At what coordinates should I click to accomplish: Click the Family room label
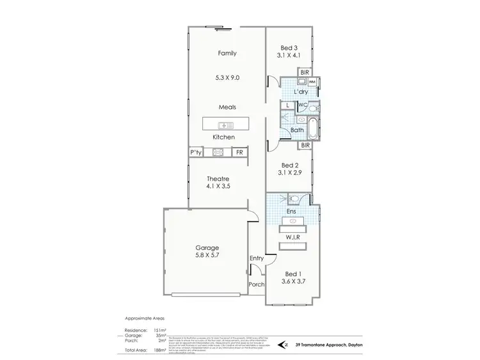pyautogui.click(x=227, y=54)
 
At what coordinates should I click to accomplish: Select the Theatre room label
pyautogui.click(x=217, y=179)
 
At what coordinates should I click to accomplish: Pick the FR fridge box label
pyautogui.click(x=239, y=152)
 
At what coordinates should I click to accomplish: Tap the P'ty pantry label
pyautogui.click(x=196, y=152)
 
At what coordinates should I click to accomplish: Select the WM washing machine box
pyautogui.click(x=312, y=82)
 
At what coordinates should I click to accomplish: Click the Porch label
pyautogui.click(x=256, y=284)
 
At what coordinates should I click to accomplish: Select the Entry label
pyautogui.click(x=257, y=258)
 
